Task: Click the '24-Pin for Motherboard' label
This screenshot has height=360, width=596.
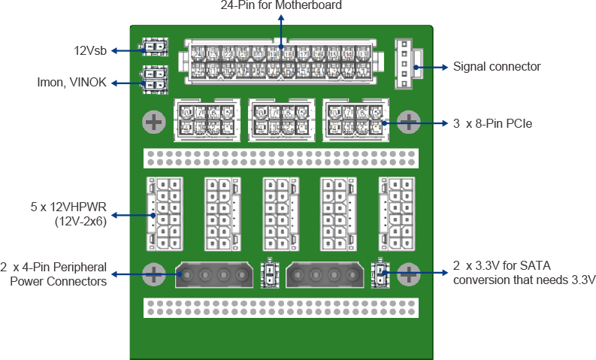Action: [x=281, y=5]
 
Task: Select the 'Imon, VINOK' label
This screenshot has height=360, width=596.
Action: [x=73, y=83]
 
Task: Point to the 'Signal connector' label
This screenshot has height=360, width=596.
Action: [x=497, y=67]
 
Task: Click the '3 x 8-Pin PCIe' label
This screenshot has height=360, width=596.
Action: [x=492, y=123]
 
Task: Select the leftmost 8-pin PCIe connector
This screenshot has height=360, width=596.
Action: [x=207, y=120]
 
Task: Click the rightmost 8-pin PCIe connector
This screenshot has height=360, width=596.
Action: [x=355, y=120]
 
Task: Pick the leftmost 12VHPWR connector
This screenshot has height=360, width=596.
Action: [x=164, y=213]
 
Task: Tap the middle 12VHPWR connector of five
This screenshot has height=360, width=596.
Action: [x=281, y=213]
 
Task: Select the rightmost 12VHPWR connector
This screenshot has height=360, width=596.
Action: [x=398, y=213]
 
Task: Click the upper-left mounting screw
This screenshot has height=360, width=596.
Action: [x=154, y=121]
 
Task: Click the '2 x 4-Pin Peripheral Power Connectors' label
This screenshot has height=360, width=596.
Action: [x=53, y=274]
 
